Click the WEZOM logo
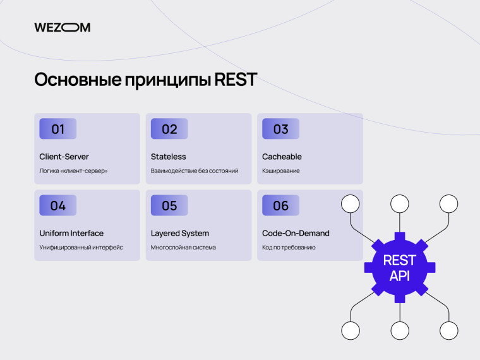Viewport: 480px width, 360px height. pyautogui.click(x=62, y=27)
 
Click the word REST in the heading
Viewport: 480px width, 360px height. pyautogui.click(x=236, y=80)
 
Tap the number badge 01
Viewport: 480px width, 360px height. pyautogui.click(x=58, y=129)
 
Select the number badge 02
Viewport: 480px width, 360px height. pyautogui.click(x=169, y=129)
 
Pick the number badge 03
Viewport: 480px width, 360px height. pyautogui.click(x=280, y=129)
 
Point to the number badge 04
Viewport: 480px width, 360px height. pyautogui.click(x=58, y=205)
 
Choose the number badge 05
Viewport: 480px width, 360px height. pyautogui.click(x=169, y=205)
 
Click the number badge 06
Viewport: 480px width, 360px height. pyautogui.click(x=280, y=205)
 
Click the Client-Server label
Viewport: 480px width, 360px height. pyautogui.click(x=64, y=157)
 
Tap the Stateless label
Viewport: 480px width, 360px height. pyautogui.click(x=168, y=157)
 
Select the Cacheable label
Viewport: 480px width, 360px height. pyautogui.click(x=282, y=157)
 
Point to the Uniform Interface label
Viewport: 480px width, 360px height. pyautogui.click(x=71, y=233)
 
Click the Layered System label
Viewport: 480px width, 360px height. pyautogui.click(x=180, y=233)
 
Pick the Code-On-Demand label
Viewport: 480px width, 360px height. pyautogui.click(x=296, y=233)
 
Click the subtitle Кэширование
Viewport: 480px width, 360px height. pyautogui.click(x=281, y=171)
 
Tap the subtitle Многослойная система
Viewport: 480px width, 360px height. pyautogui.click(x=183, y=247)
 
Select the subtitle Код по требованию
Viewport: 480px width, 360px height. pyautogui.click(x=289, y=247)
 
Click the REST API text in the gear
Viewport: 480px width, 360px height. pyautogui.click(x=399, y=268)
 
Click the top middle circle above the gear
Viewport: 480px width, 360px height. pyautogui.click(x=399, y=203)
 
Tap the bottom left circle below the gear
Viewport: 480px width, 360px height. pyautogui.click(x=350, y=330)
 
